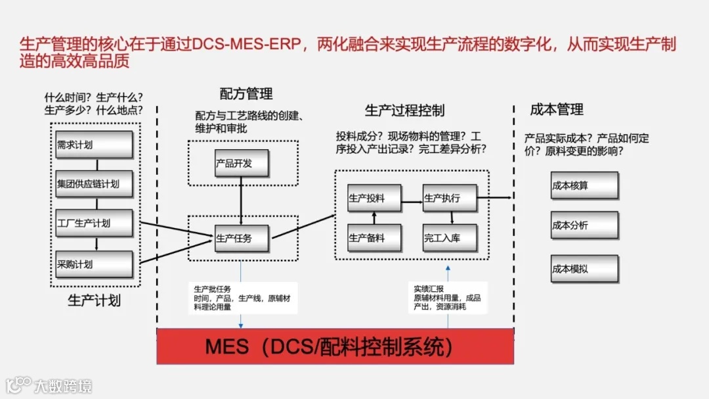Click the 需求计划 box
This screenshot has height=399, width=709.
[x=95, y=145]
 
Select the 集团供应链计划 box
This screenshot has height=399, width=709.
[x=95, y=183]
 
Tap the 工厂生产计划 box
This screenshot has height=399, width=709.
[x=95, y=223]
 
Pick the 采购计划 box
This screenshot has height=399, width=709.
[x=95, y=264]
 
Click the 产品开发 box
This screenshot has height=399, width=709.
[x=241, y=163]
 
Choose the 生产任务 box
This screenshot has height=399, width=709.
[x=242, y=239]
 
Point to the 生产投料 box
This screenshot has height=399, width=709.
[x=374, y=198]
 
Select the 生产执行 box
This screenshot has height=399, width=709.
[x=450, y=198]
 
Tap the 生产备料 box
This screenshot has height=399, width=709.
[x=374, y=238]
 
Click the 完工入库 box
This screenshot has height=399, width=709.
[x=450, y=238]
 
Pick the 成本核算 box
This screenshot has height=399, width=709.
[x=584, y=185]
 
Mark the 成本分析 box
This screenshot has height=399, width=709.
[x=584, y=225]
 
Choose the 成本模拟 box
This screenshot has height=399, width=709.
[x=584, y=268]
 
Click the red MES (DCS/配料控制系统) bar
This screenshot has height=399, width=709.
[x=335, y=346]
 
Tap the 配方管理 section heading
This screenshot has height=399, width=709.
[x=246, y=94]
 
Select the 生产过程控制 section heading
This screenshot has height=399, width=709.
[x=405, y=110]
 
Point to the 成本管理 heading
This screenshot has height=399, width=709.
[x=557, y=109]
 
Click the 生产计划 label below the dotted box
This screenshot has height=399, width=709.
[x=95, y=300]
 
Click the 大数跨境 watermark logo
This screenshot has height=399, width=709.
[x=50, y=385]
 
